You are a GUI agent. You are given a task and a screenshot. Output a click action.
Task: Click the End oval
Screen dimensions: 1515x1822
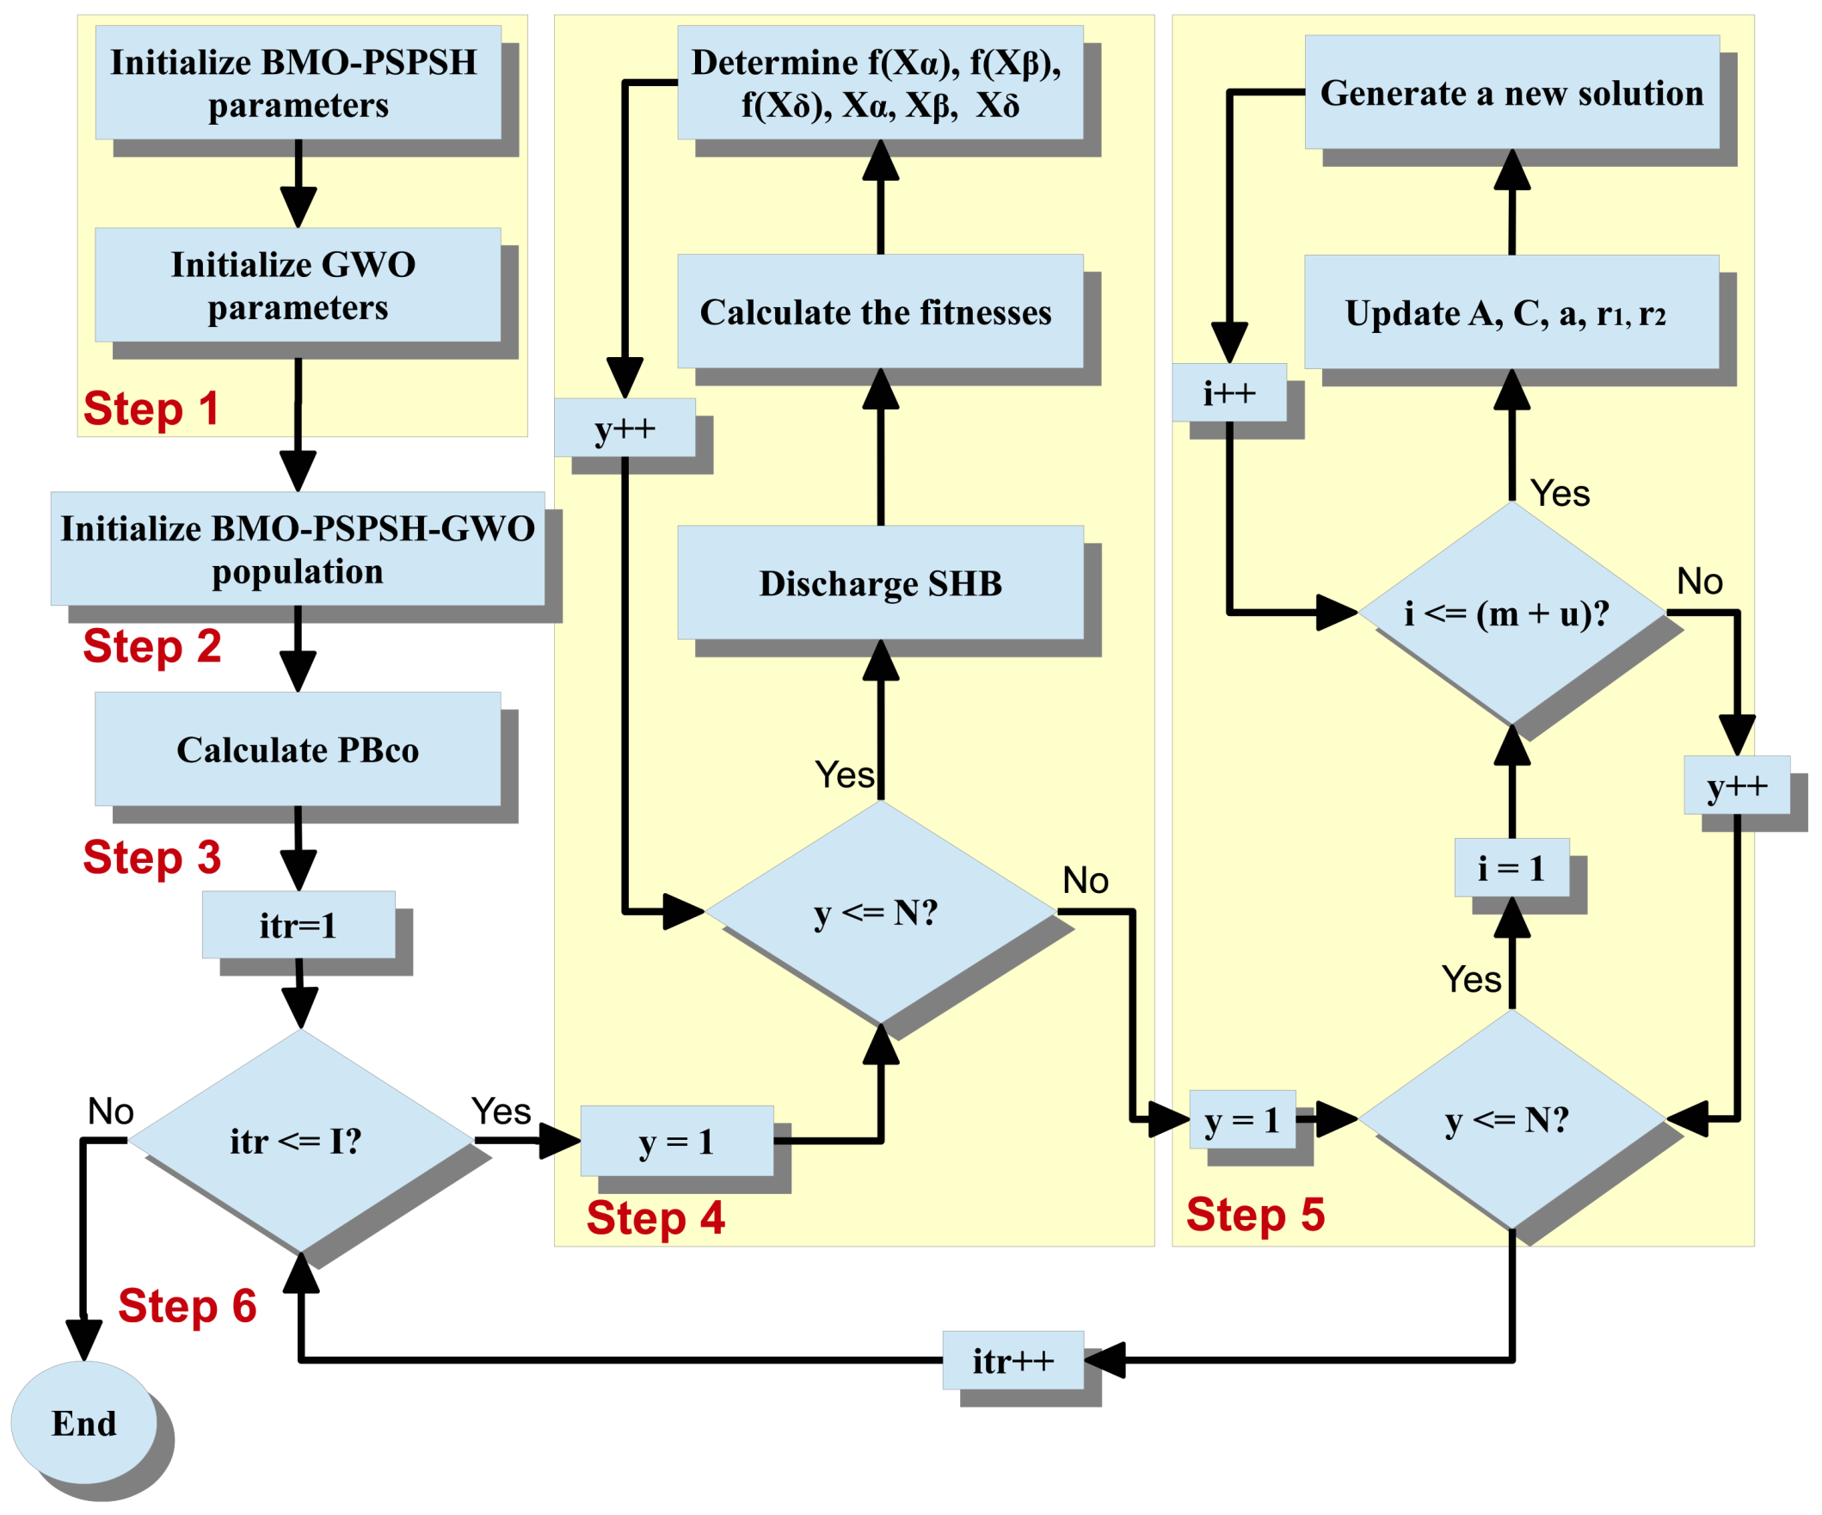(x=84, y=1423)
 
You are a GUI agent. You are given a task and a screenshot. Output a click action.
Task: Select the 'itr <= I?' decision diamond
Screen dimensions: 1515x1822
(x=299, y=1140)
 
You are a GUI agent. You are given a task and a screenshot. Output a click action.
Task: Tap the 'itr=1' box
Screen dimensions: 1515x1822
(x=298, y=925)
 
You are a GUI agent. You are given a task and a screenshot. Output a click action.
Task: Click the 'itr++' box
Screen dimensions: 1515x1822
(x=1013, y=1360)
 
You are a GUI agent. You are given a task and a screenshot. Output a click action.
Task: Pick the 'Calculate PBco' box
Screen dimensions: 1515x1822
(x=298, y=748)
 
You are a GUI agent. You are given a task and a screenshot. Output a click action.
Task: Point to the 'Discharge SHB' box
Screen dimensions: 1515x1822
(x=880, y=582)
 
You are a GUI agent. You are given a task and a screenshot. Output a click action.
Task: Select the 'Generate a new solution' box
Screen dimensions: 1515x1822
(x=1511, y=92)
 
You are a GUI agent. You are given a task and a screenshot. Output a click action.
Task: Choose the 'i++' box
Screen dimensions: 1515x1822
(x=1228, y=393)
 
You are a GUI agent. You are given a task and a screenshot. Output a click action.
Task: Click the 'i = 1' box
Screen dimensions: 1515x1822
(x=1511, y=868)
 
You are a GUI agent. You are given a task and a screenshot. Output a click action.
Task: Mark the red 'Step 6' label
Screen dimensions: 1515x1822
(x=188, y=1305)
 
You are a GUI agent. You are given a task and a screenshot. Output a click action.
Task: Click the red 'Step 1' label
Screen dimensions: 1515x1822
(x=151, y=409)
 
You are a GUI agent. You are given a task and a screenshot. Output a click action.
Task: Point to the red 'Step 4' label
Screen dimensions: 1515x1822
(x=655, y=1217)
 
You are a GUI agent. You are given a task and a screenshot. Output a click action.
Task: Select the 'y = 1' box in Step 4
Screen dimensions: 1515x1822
(x=677, y=1141)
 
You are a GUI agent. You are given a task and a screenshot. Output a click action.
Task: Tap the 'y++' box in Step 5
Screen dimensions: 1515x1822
(x=1736, y=785)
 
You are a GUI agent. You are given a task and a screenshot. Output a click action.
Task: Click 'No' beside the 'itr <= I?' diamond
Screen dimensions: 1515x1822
(x=110, y=1111)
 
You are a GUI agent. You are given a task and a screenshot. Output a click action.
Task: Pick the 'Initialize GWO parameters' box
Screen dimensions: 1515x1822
(x=298, y=286)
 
